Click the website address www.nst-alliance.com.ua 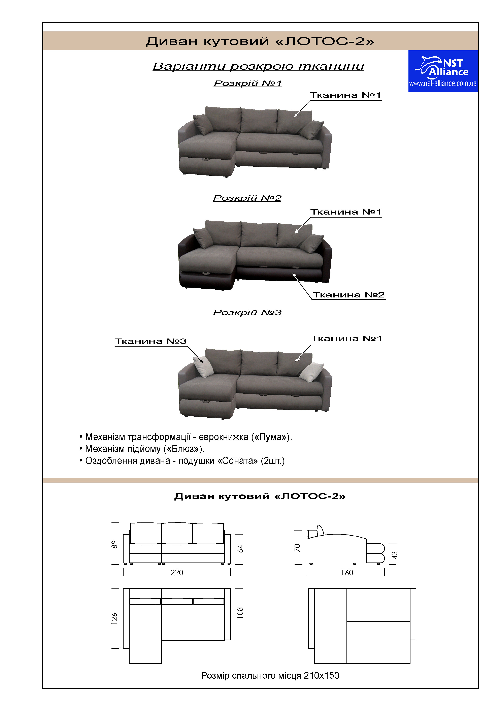point(443,83)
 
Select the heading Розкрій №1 point(248,83)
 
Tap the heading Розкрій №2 point(247,198)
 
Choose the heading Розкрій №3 point(247,312)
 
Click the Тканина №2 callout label point(349,295)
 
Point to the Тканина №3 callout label point(151,341)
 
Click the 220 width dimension point(177,573)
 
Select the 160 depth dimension point(347,573)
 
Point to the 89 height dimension point(114,545)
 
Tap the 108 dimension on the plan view point(240,613)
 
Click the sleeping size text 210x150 point(321,676)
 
